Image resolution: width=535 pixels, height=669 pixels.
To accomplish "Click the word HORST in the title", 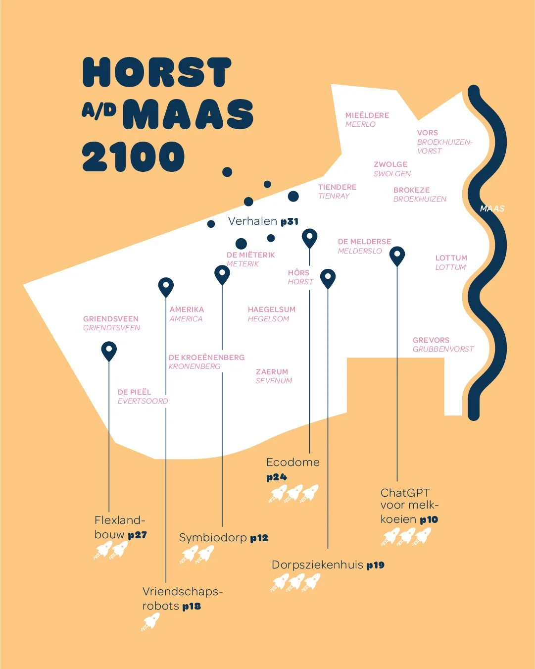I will (x=157, y=72).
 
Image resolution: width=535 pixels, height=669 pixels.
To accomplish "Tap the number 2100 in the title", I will (x=133, y=157).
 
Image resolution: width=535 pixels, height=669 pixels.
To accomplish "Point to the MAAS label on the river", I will (x=492, y=208).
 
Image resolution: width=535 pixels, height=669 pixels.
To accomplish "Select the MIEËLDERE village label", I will (x=367, y=115).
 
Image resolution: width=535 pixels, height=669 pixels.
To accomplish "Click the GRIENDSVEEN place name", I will (x=111, y=319).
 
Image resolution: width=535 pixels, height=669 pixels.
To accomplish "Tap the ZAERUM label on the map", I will (x=272, y=372).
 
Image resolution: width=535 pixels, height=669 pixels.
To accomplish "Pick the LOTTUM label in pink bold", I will (x=451, y=258).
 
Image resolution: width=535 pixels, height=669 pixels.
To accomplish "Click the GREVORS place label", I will (x=431, y=340).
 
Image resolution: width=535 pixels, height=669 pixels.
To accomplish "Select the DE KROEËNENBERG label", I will (x=206, y=358).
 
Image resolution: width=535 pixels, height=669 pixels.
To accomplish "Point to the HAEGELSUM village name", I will (x=271, y=309).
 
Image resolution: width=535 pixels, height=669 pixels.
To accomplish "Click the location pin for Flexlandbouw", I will (x=109, y=350).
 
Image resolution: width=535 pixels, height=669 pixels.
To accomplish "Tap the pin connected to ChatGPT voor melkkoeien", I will (x=397, y=256).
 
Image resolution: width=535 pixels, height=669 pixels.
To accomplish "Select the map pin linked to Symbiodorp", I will (x=222, y=274).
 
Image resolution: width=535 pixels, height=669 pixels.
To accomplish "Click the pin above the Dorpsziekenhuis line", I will (x=328, y=278).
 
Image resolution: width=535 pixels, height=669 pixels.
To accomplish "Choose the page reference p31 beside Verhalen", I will (x=290, y=222).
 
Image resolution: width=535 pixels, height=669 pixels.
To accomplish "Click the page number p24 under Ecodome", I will (x=277, y=477).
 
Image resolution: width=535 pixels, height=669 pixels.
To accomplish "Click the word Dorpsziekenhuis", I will (x=317, y=565).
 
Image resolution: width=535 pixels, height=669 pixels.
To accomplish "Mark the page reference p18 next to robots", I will (x=192, y=606).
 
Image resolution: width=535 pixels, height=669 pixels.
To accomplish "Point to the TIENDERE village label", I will (x=337, y=187).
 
